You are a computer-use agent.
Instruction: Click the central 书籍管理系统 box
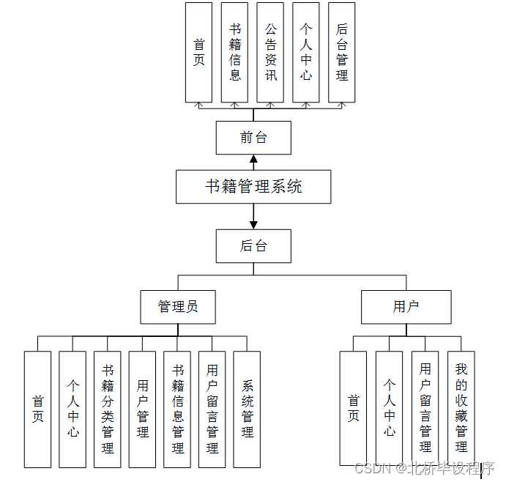(x=253, y=187)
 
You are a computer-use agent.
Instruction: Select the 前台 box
(x=253, y=138)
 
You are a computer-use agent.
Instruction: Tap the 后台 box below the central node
(x=253, y=246)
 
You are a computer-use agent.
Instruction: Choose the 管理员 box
(x=178, y=307)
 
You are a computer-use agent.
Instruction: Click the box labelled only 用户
(x=405, y=307)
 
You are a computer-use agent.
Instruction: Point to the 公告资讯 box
(x=270, y=52)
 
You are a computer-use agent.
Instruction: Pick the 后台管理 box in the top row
(x=342, y=52)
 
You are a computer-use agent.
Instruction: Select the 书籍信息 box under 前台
(x=234, y=52)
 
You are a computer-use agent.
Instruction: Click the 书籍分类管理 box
(x=108, y=409)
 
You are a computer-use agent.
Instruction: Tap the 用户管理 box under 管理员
(x=143, y=409)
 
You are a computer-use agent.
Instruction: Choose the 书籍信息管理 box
(x=177, y=409)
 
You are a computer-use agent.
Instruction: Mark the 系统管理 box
(x=248, y=409)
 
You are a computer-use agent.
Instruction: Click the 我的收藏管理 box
(x=461, y=407)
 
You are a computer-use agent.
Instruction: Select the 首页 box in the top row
(x=198, y=52)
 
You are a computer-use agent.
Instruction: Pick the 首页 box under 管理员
(x=37, y=409)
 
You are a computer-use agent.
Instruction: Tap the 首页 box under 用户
(x=353, y=407)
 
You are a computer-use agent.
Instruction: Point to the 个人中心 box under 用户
(x=389, y=407)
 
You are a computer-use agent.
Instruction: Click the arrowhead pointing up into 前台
(x=253, y=159)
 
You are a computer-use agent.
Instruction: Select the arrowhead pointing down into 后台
(x=253, y=224)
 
